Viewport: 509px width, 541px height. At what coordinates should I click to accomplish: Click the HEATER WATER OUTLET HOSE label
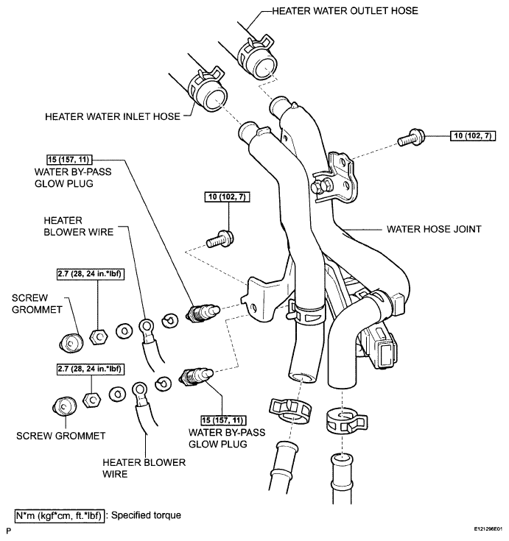click(x=345, y=11)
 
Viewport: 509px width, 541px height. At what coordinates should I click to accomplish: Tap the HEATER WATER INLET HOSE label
click(x=113, y=116)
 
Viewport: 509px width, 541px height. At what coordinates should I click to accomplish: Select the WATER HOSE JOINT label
click(x=434, y=229)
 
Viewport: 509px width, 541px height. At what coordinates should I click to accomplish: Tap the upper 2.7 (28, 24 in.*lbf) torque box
click(x=90, y=274)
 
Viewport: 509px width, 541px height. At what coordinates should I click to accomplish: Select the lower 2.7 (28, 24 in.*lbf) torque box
click(x=90, y=369)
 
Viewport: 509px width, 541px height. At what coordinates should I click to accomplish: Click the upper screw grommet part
click(x=71, y=343)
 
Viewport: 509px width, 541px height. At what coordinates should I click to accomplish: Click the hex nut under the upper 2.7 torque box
click(x=99, y=337)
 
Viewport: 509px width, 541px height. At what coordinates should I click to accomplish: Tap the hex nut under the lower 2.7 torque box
click(x=92, y=400)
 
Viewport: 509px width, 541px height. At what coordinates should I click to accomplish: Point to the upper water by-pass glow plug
click(x=203, y=312)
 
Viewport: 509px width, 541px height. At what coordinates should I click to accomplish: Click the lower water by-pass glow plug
click(x=196, y=376)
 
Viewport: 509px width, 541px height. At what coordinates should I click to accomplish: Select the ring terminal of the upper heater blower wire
click(x=147, y=325)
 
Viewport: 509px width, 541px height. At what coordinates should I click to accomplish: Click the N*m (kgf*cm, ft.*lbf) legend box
click(x=59, y=516)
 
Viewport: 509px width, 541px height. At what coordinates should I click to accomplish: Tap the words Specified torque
click(x=146, y=515)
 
